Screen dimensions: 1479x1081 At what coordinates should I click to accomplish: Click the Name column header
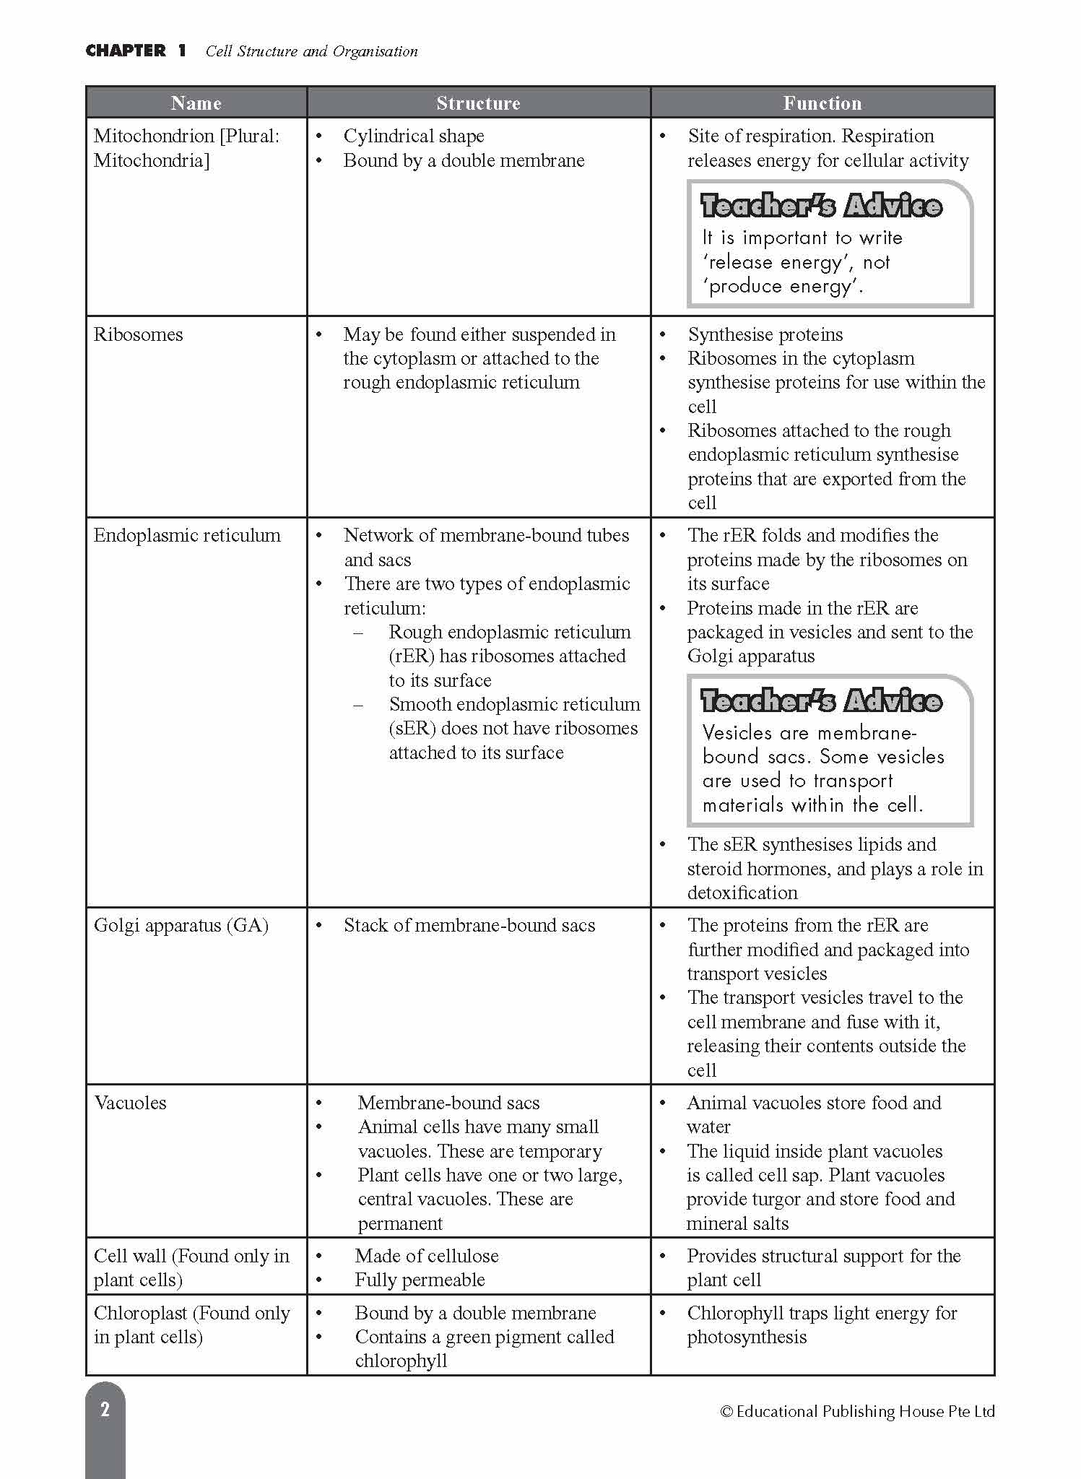coord(196,103)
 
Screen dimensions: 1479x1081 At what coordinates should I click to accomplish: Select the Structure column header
coord(478,103)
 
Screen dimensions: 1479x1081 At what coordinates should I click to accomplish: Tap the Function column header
coord(822,103)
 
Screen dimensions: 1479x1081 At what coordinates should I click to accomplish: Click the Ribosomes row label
coord(138,334)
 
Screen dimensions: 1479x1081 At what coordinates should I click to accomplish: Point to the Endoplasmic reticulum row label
coord(187,535)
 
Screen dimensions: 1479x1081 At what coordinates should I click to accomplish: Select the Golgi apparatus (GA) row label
coord(181,925)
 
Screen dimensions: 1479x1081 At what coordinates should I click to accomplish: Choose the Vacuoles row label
coord(130,1103)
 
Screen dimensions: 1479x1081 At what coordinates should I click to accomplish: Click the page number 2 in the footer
coord(105,1409)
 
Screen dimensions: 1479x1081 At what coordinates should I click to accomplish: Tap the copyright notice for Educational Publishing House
coord(857,1411)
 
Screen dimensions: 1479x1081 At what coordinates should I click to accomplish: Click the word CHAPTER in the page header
coord(126,51)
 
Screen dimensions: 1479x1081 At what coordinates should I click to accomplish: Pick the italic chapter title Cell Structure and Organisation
coord(311,51)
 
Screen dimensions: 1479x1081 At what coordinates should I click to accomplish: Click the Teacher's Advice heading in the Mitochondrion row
coord(821,206)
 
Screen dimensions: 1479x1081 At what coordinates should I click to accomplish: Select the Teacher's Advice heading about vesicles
coord(821,701)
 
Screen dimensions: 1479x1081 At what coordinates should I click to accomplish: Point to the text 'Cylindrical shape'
coord(414,136)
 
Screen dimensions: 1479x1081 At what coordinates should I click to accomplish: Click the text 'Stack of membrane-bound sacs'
coord(469,925)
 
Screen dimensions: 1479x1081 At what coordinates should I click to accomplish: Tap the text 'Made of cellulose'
coord(426,1256)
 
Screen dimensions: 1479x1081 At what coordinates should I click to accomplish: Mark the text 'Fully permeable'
coord(420,1280)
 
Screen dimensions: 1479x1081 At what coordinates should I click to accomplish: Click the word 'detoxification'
coord(742,893)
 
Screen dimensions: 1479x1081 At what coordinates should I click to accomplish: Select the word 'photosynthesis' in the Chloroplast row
coord(747,1337)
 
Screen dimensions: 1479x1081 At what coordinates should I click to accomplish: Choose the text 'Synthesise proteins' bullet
coord(765,334)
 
